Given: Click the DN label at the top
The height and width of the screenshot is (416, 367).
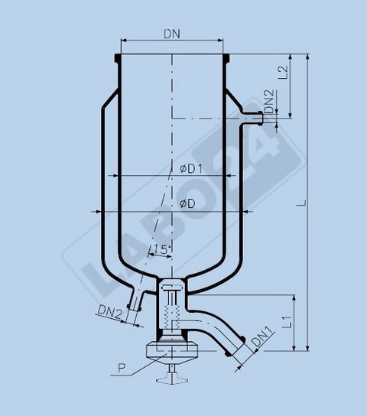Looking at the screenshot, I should [x=173, y=33].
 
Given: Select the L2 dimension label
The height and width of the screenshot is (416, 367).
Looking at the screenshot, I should [x=283, y=73].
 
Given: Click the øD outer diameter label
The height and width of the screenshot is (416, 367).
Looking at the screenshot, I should [x=186, y=203].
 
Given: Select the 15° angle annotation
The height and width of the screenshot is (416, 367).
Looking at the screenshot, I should [x=160, y=250].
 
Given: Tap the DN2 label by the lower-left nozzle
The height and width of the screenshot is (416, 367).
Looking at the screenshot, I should [x=109, y=311].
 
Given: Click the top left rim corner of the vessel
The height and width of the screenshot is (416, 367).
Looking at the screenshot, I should [x=119, y=57].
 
